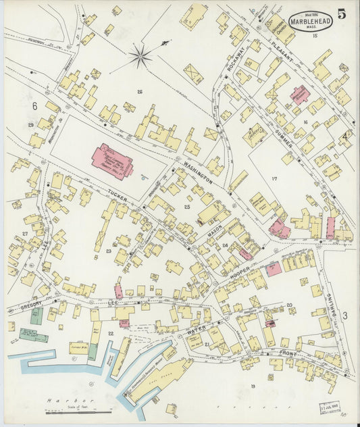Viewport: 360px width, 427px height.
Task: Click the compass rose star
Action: tap(140, 57)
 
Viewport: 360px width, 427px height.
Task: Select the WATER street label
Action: tap(197, 330)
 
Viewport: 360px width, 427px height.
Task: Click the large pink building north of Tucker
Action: tap(112, 161)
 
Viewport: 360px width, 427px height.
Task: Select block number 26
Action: tap(140, 92)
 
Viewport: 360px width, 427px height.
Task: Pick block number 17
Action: tap(274, 178)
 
